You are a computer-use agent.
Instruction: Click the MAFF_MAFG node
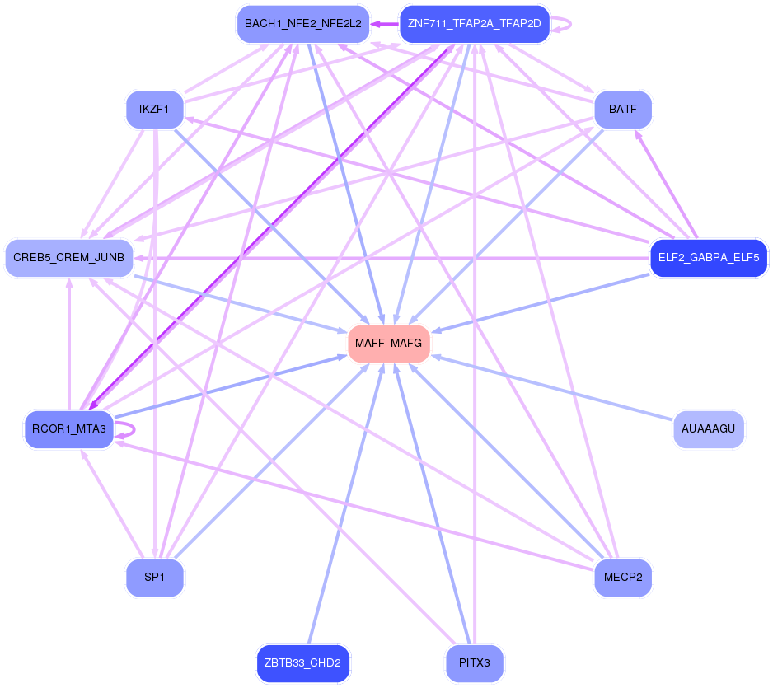tap(388, 344)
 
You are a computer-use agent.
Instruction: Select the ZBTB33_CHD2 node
tap(302, 663)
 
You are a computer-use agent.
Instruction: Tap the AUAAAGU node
tap(709, 429)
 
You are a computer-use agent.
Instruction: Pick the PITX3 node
tap(474, 663)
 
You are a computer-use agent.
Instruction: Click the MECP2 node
tap(623, 578)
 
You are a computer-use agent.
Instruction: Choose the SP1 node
tap(155, 578)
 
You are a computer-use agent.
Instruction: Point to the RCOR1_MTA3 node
tap(69, 429)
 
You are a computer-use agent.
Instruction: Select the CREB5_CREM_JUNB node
tap(69, 258)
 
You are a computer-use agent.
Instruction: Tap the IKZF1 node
tap(155, 110)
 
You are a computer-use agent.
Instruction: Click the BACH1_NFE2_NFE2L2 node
tap(303, 24)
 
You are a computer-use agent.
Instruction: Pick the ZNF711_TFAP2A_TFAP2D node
tap(474, 24)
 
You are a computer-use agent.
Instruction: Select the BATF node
tap(623, 110)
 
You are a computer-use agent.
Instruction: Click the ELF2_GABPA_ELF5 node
tap(709, 258)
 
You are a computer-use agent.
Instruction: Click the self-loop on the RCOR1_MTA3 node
tap(125, 429)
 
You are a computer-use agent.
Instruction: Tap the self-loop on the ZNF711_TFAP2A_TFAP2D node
tap(561, 24)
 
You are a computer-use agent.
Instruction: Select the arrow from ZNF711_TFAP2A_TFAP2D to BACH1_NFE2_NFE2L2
tap(385, 24)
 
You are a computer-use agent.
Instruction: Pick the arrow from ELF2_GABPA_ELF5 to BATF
tap(666, 184)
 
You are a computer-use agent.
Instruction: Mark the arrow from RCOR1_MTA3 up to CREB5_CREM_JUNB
tap(69, 344)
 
